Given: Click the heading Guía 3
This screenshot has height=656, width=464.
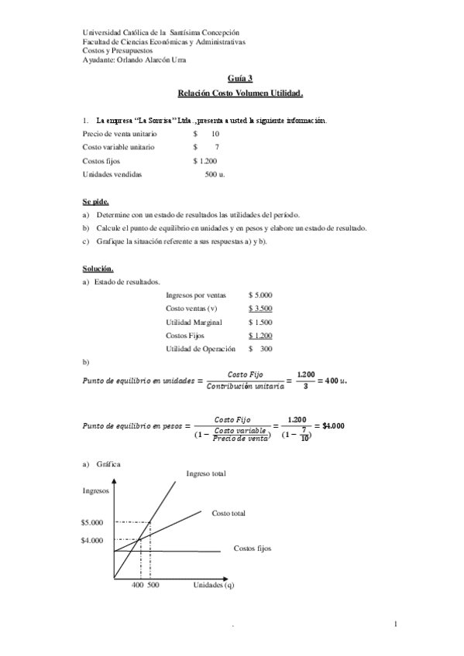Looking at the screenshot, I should [240, 78].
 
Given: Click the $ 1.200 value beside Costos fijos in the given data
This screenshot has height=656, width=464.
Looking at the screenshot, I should [205, 161].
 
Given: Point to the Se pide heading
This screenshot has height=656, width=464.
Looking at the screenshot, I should [96, 201].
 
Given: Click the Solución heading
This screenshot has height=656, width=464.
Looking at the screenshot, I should [98, 268].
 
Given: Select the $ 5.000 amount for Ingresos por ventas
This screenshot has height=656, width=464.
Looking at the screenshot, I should [260, 295].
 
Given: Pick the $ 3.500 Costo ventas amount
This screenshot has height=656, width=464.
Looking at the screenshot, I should [260, 308].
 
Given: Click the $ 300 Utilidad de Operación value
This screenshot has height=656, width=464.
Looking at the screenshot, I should [260, 349].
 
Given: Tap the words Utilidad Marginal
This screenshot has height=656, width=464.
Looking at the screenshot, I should [194, 322].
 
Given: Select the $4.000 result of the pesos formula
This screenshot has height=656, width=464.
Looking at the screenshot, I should [333, 425].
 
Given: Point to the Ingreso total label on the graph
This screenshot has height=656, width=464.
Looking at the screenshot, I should [206, 473].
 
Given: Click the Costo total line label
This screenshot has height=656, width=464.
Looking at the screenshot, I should [229, 513].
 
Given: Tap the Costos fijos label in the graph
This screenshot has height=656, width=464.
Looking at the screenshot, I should [253, 548].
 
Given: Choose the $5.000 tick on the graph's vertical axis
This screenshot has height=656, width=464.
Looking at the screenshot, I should [91, 522].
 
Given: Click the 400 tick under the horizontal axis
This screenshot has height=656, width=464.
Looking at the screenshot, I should [137, 586].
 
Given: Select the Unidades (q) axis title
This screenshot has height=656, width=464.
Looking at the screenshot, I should [214, 586].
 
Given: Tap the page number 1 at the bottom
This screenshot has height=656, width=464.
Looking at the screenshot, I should [395, 624].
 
